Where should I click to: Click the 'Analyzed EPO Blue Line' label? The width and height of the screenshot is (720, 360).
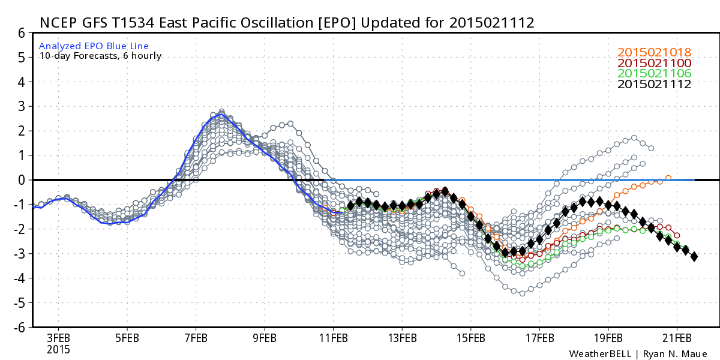click(x=94, y=46)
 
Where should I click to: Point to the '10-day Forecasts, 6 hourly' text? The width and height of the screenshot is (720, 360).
click(x=100, y=56)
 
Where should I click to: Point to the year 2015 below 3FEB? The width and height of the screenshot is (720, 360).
click(x=59, y=349)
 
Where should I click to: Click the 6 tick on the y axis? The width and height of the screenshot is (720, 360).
click(x=21, y=33)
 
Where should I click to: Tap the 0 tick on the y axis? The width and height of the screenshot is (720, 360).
click(x=21, y=180)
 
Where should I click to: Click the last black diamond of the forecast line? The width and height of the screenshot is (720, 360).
click(x=694, y=257)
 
